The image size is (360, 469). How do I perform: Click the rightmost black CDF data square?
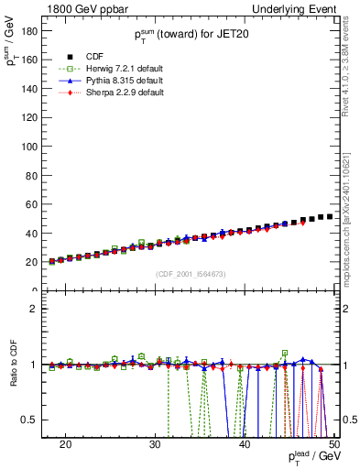pyautogui.click(x=329, y=216)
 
